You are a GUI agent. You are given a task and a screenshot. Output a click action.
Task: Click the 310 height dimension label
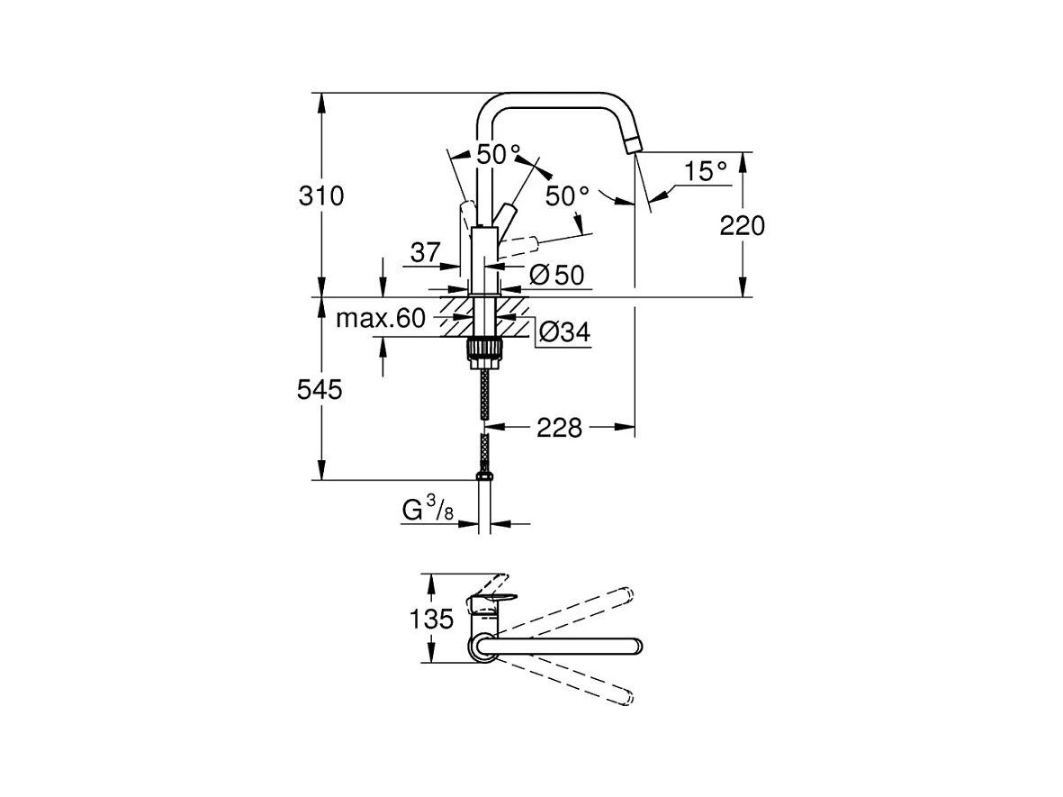click(321, 196)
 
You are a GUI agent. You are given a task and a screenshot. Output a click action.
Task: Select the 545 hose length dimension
click(320, 390)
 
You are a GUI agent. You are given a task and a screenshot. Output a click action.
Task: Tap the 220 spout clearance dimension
click(743, 226)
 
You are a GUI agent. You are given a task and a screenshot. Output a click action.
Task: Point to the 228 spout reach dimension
click(559, 428)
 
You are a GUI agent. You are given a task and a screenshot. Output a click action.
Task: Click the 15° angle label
click(705, 171)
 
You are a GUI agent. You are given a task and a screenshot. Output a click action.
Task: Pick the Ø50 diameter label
click(556, 275)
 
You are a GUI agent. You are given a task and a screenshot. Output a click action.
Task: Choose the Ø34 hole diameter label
click(564, 331)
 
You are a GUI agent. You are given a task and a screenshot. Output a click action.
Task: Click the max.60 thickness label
click(381, 318)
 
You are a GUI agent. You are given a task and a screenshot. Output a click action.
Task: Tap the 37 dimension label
click(425, 252)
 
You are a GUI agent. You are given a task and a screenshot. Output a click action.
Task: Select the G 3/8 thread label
click(428, 510)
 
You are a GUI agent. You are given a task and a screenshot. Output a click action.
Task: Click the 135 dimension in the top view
click(431, 619)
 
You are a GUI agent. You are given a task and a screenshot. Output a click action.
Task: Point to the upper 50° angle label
click(499, 155)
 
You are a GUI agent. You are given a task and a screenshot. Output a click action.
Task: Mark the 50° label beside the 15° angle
click(567, 196)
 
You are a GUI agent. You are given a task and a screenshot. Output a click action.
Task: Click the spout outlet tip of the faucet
click(634, 144)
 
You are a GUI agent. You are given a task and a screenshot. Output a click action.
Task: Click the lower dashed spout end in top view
click(627, 697)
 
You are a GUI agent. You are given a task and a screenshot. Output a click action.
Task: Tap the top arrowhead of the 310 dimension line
click(321, 103)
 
